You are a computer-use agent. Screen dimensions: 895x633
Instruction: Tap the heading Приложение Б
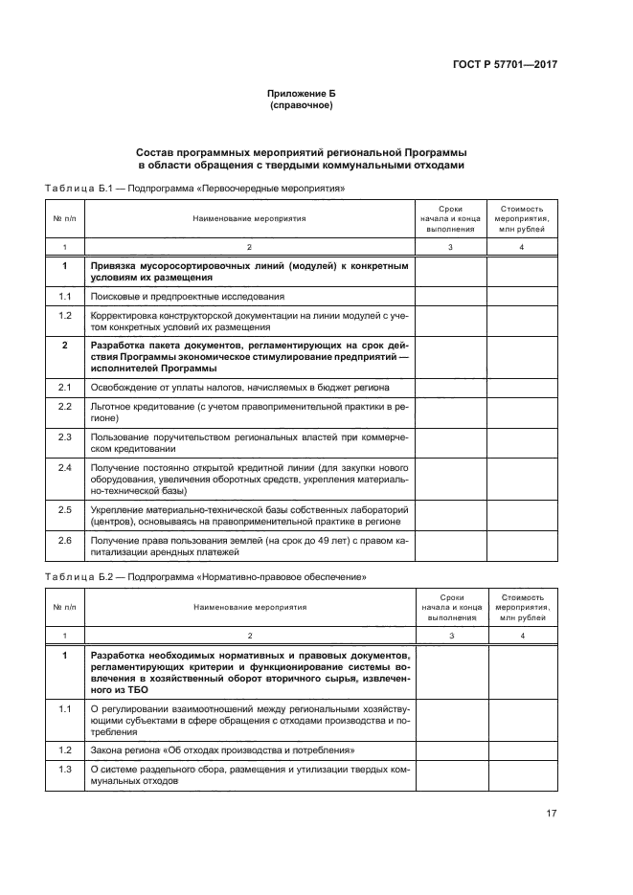[x=302, y=93]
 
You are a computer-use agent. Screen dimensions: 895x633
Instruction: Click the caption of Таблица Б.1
[x=194, y=189]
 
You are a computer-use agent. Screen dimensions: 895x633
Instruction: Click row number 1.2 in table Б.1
[x=65, y=315]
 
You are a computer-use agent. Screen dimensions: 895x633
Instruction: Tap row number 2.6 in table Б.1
[x=65, y=541]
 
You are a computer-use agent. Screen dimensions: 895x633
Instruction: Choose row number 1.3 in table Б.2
[x=65, y=770]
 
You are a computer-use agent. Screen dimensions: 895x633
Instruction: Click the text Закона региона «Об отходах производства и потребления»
[x=222, y=750]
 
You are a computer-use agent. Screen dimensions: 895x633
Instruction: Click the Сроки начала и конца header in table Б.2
[x=450, y=606]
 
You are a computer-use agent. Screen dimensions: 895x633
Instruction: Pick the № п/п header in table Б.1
[x=65, y=218]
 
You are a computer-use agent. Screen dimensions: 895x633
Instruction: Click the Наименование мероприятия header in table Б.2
[x=249, y=606]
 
